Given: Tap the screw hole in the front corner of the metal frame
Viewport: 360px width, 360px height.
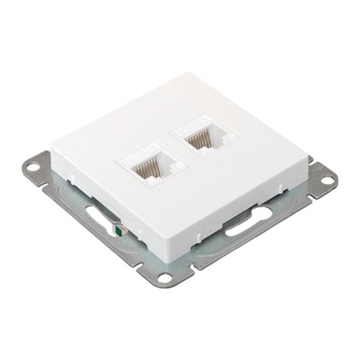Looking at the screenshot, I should pyautogui.click(x=163, y=278).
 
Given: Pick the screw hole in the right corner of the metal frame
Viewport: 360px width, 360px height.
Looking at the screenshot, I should pyautogui.click(x=328, y=179).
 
